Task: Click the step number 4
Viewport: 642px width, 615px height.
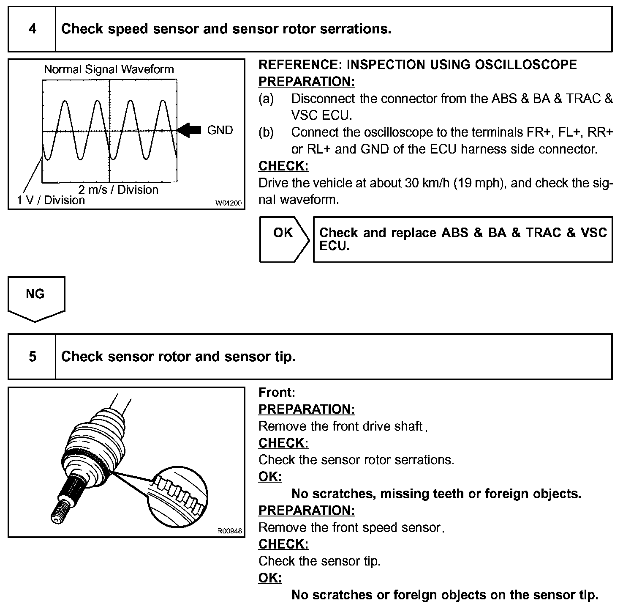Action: [32, 29]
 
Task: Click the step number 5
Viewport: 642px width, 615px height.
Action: [32, 357]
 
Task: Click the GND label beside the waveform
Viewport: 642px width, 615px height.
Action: [220, 130]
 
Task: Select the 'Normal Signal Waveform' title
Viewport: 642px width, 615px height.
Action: [109, 69]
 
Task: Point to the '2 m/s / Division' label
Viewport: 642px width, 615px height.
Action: [118, 189]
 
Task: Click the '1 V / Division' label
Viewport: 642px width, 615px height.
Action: [51, 200]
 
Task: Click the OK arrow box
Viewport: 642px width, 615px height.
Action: [283, 239]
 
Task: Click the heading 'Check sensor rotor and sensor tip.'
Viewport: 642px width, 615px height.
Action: [178, 357]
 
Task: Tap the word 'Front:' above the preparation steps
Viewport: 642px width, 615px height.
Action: [277, 393]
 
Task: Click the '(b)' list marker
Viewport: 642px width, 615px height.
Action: [266, 132]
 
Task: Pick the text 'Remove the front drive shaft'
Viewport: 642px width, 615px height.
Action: [340, 426]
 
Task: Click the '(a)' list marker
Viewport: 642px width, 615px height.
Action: [266, 99]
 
